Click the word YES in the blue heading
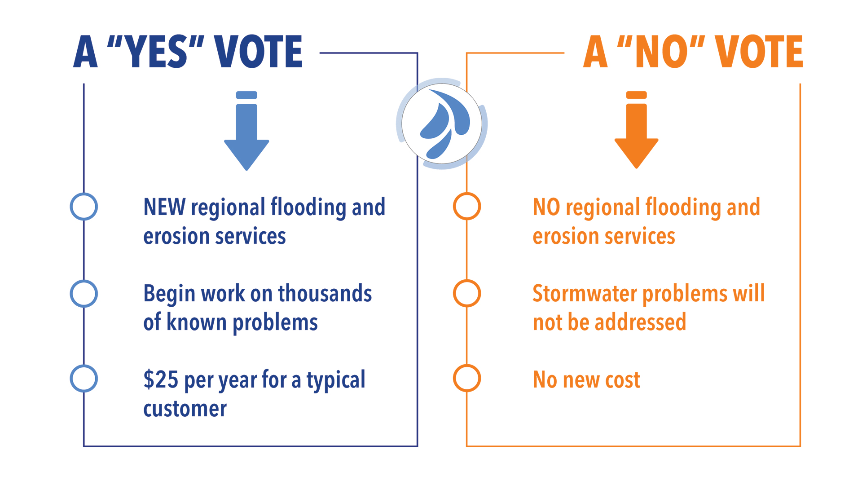[155, 52]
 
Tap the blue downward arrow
[246, 135]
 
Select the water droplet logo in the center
[442, 123]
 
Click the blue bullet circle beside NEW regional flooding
[84, 207]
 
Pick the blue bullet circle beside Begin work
[84, 294]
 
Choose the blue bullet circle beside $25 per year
[84, 379]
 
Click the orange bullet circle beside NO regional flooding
[467, 207]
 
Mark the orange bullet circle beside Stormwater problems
[467, 294]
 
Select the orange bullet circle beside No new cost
[467, 379]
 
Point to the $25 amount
[161, 379]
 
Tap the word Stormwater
[585, 294]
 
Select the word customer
[185, 409]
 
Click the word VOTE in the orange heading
[759, 52]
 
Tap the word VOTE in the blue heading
[258, 52]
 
